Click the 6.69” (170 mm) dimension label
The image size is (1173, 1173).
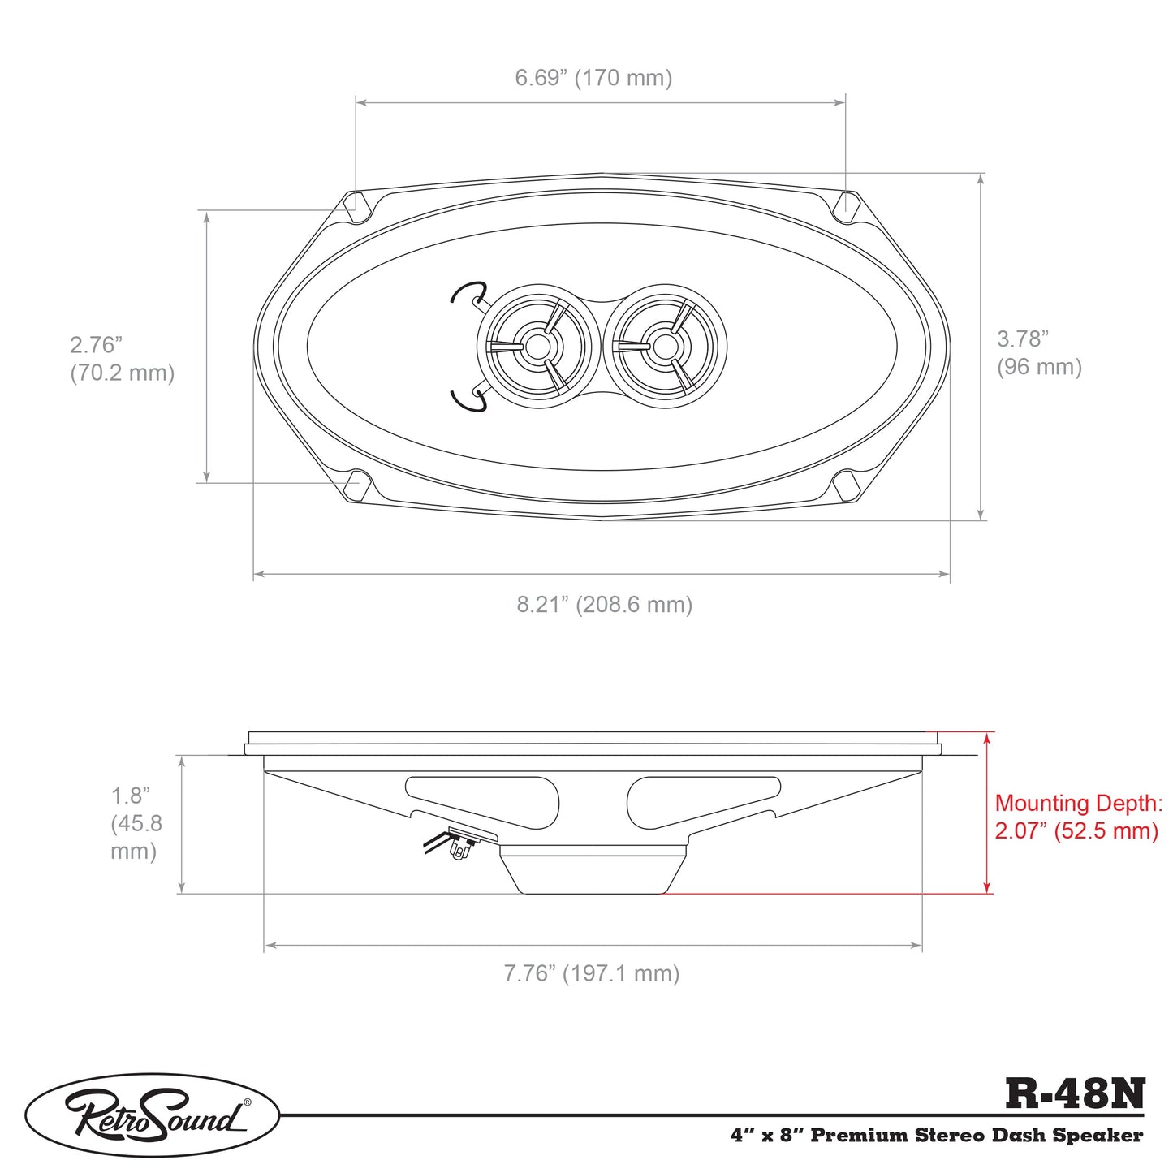(593, 78)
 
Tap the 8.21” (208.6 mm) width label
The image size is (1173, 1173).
(605, 605)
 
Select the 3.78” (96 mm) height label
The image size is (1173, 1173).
(1039, 353)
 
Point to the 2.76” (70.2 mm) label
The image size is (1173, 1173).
(123, 359)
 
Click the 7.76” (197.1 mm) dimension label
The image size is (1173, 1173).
(592, 973)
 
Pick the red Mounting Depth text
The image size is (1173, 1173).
(1079, 817)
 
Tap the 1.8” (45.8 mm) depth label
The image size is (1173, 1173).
(136, 823)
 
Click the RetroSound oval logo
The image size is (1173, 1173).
(152, 1115)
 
